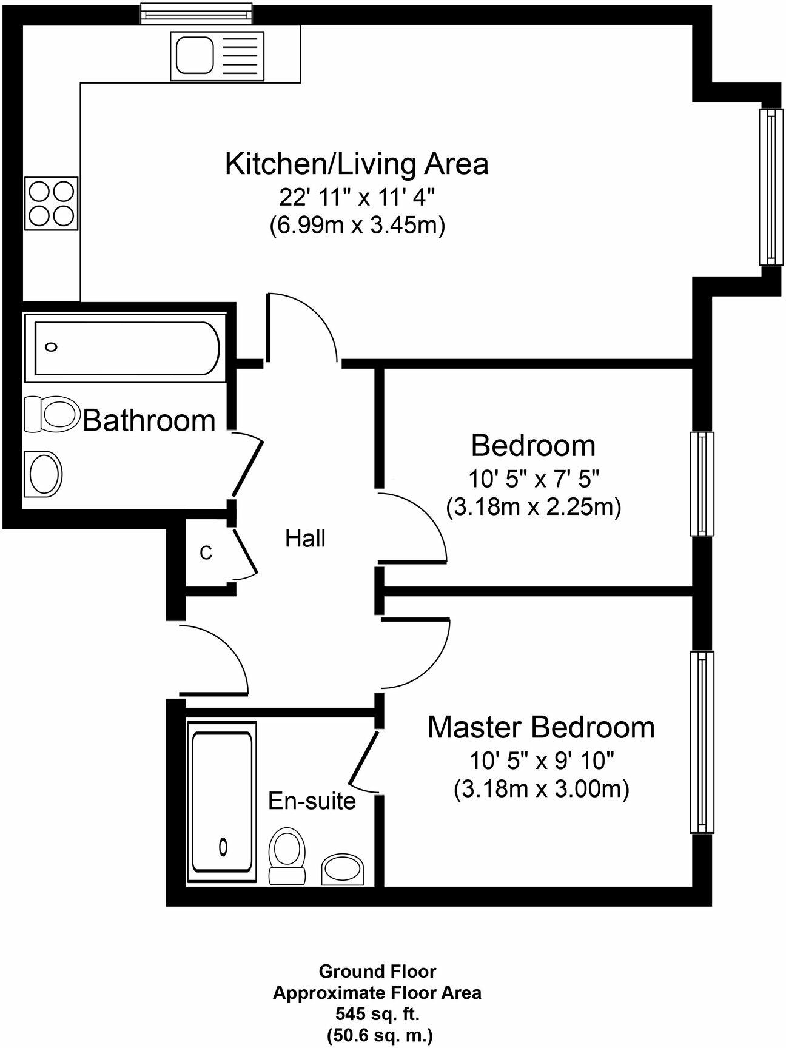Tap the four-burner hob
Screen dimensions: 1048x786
51,204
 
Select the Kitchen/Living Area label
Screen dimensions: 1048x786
357,164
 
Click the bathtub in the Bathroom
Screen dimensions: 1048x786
126,348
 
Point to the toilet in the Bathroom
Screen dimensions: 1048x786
52,414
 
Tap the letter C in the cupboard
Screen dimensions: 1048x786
206,553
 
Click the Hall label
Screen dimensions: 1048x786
305,539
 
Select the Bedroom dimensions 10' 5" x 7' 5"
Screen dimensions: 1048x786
534,480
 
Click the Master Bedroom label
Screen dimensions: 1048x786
541,727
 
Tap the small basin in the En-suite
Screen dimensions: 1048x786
343,870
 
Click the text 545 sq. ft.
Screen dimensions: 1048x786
377,1013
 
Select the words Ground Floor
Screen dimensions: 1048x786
377,972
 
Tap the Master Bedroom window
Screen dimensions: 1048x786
702,742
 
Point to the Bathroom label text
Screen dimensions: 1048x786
149,420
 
